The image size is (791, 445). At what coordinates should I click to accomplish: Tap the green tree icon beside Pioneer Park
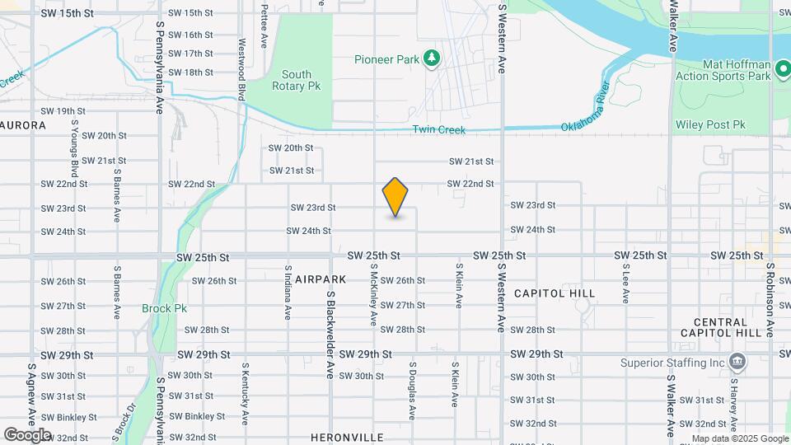[x=431, y=59]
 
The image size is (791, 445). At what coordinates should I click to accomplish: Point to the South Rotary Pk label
[x=297, y=80]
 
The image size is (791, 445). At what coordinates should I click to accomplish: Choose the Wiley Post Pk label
[x=710, y=125]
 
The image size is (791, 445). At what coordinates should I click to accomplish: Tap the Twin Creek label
[x=439, y=130]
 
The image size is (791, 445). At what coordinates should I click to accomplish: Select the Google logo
[x=27, y=435]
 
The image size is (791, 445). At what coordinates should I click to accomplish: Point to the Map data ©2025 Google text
[x=739, y=438]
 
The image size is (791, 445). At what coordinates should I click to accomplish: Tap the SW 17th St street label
[x=190, y=54]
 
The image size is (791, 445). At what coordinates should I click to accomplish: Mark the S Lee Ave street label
[x=626, y=279]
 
